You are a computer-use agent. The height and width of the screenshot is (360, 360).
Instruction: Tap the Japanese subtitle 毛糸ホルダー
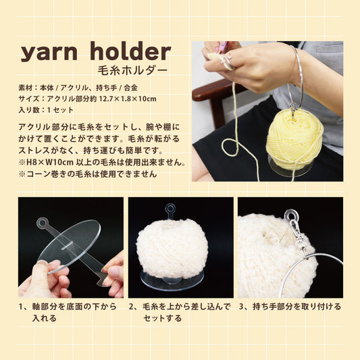click(x=134, y=70)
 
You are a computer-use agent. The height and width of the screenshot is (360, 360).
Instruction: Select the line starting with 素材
click(x=80, y=87)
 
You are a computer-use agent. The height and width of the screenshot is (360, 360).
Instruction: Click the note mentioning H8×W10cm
click(x=101, y=162)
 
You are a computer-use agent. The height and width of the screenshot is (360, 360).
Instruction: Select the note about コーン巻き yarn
click(x=88, y=174)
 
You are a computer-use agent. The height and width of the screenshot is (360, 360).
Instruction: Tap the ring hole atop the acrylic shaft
click(x=43, y=221)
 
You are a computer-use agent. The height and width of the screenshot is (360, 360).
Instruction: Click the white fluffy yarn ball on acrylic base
click(x=172, y=248)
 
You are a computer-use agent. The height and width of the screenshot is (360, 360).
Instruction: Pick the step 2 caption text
click(x=180, y=312)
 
